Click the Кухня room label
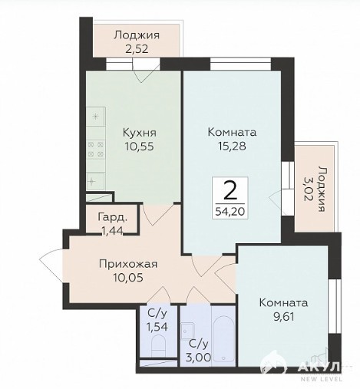pyautogui.click(x=139, y=133)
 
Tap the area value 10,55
pyautogui.click(x=139, y=147)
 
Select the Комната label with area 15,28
pyautogui.click(x=232, y=132)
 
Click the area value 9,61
pyautogui.click(x=283, y=317)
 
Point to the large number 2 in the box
pyautogui.click(x=230, y=190)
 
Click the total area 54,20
pyautogui.click(x=230, y=211)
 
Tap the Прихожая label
pyautogui.click(x=128, y=264)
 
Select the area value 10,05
pyautogui.click(x=128, y=278)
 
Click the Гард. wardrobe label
pyautogui.click(x=112, y=217)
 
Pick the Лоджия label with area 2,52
pyautogui.click(x=137, y=35)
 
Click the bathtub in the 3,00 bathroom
pyautogui.click(x=223, y=338)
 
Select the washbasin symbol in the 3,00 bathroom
pyautogui.click(x=188, y=331)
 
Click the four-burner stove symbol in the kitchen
pyautogui.click(x=96, y=150)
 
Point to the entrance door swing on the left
pyautogui.click(x=51, y=266)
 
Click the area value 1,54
pyautogui.click(x=157, y=327)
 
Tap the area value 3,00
pyautogui.click(x=199, y=357)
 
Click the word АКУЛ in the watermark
pyautogui.click(x=319, y=368)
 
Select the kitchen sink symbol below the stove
pyautogui.click(x=95, y=181)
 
